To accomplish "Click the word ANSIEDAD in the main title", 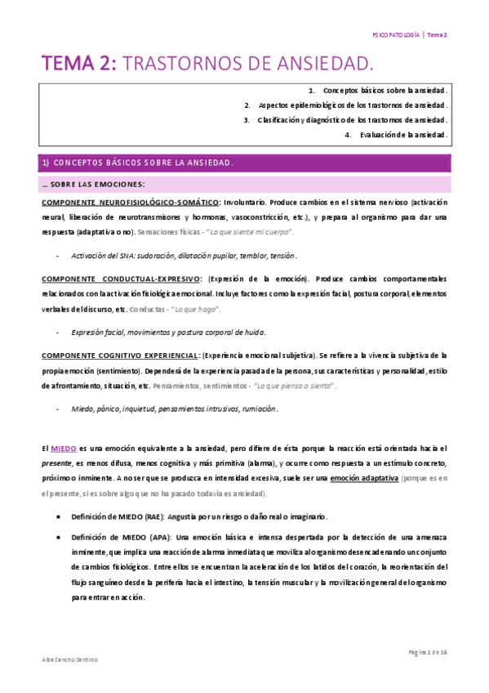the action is click(x=314, y=63).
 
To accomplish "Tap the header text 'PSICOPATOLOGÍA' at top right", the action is click(x=395, y=35).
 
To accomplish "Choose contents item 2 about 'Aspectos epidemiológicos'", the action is click(x=353, y=105).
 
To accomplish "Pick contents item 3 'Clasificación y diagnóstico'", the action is click(x=353, y=120).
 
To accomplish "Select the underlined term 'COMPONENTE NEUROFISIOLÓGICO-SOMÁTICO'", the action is click(x=129, y=201).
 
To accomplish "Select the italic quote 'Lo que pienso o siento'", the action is click(x=295, y=387).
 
